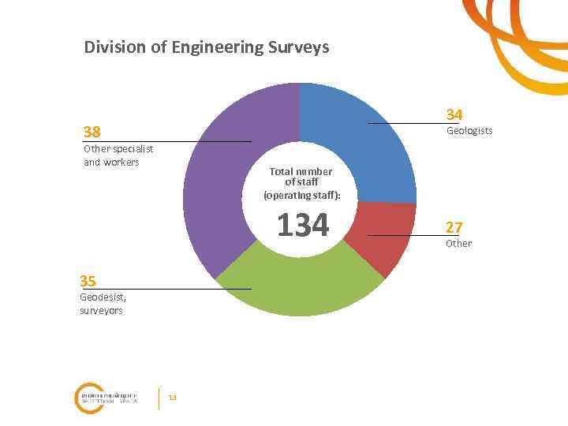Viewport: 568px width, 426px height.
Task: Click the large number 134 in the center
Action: (302, 226)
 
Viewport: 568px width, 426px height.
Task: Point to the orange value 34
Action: (454, 114)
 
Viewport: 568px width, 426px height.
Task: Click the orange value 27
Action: (454, 227)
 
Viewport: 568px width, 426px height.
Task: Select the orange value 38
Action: (93, 131)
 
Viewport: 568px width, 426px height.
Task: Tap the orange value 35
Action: (88, 280)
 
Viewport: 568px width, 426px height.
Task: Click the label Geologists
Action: (469, 130)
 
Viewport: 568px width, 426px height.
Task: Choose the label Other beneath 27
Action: (458, 243)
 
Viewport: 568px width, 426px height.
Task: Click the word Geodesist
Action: (103, 297)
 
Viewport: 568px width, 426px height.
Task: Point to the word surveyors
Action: (101, 311)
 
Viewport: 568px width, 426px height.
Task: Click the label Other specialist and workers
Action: (118, 155)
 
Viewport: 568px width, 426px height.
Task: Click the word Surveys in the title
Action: (299, 48)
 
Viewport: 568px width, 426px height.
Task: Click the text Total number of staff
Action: (301, 177)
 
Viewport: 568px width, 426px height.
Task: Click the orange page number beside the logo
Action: (173, 397)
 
